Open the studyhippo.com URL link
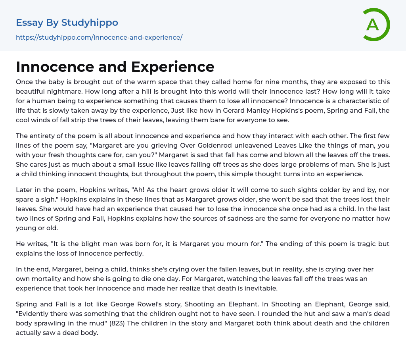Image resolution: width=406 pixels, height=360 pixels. tap(99, 37)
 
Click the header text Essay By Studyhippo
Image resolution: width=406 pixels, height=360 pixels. tap(67, 23)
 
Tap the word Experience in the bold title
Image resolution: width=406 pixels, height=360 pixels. tap(172, 67)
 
